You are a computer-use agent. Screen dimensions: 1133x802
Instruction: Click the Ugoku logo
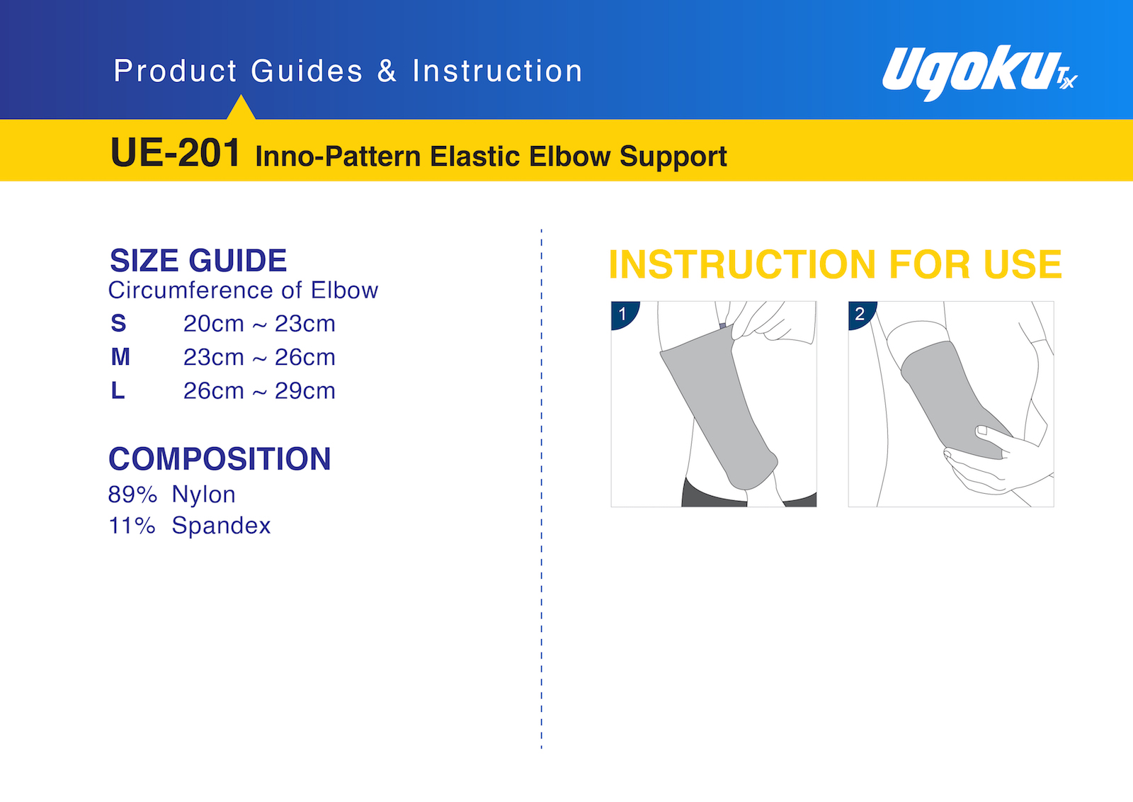pyautogui.click(x=979, y=73)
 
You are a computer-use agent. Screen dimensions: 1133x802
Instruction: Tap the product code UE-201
pyautogui.click(x=175, y=153)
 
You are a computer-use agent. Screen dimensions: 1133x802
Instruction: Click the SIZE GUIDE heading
pyautogui.click(x=198, y=261)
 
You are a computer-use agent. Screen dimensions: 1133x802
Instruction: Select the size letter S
pyautogui.click(x=118, y=323)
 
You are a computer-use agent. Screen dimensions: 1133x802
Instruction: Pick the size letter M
pyautogui.click(x=120, y=357)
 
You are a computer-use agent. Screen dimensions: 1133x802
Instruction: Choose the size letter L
pyautogui.click(x=118, y=390)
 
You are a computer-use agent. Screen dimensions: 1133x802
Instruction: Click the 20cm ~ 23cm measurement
pyautogui.click(x=259, y=323)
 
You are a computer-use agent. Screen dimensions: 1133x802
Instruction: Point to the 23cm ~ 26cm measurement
pyautogui.click(x=259, y=357)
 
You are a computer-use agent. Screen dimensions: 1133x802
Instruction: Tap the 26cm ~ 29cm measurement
pyautogui.click(x=259, y=390)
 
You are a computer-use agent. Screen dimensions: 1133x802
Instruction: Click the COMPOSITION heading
pyautogui.click(x=220, y=459)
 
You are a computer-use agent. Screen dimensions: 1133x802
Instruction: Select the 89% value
pyautogui.click(x=132, y=495)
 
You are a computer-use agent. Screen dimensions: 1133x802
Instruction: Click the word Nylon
pyautogui.click(x=203, y=495)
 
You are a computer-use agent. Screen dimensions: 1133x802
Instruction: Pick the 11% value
pyautogui.click(x=132, y=526)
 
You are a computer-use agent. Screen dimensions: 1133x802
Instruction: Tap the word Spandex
pyautogui.click(x=221, y=526)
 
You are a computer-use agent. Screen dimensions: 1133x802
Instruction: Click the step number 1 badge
pyautogui.click(x=623, y=314)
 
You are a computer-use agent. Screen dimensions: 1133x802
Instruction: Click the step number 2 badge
pyautogui.click(x=860, y=314)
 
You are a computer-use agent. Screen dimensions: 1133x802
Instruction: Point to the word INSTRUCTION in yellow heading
pyautogui.click(x=742, y=264)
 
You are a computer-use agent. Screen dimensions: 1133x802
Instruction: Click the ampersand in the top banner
pyautogui.click(x=387, y=70)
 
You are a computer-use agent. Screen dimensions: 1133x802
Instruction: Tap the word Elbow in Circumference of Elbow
pyautogui.click(x=344, y=290)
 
